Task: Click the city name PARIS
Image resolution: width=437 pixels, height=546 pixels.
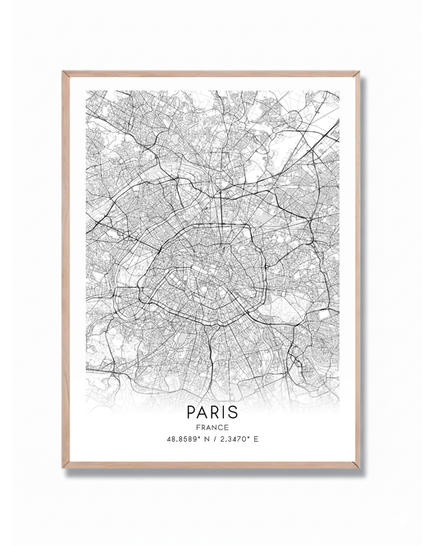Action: click(213, 410)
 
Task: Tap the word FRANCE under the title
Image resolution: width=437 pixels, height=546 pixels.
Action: click(213, 426)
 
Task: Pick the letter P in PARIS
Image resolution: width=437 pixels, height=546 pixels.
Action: click(193, 410)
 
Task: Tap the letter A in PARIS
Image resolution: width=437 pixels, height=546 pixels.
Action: click(204, 410)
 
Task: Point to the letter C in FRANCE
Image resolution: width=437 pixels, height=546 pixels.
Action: click(221, 426)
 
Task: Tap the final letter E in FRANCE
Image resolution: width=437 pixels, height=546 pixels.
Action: click(227, 426)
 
